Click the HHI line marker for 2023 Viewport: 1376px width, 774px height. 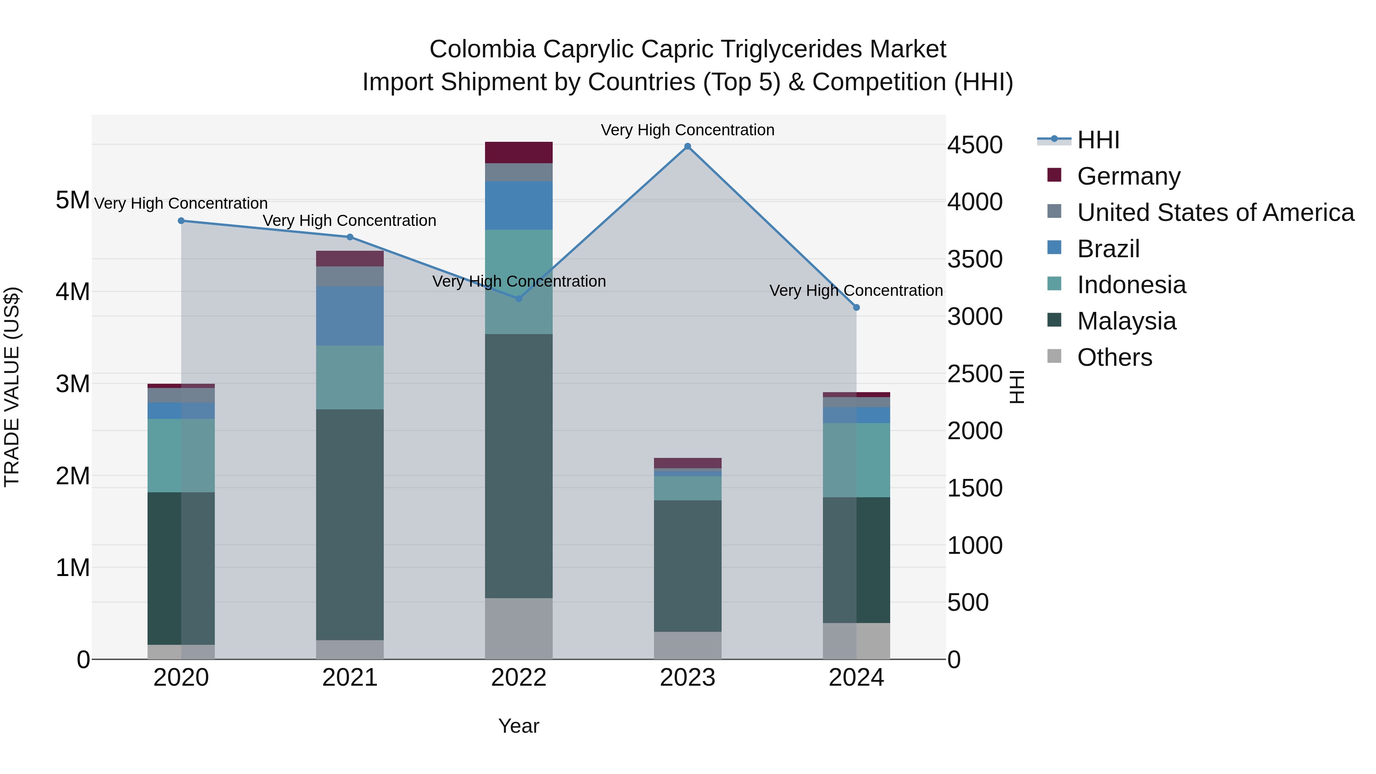(688, 146)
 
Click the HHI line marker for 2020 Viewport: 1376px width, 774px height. (181, 221)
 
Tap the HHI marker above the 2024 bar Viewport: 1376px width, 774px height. (856, 308)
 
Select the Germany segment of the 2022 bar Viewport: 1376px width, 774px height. (519, 152)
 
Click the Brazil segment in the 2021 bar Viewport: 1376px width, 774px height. (350, 316)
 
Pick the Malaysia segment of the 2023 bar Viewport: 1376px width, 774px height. (688, 566)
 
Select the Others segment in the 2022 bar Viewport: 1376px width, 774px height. (519, 629)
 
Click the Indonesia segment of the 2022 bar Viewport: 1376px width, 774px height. (519, 282)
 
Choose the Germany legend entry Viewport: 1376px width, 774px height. (1128, 176)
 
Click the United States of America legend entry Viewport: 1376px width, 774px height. (1215, 212)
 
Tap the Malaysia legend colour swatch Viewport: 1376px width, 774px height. (1055, 321)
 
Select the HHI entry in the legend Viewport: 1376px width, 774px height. (1098, 140)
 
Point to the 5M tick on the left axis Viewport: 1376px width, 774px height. (73, 200)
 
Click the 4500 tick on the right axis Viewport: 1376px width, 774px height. (975, 145)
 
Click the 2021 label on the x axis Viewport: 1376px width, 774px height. (350, 678)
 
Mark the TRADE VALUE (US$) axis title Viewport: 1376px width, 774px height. (12, 387)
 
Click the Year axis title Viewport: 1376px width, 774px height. (519, 726)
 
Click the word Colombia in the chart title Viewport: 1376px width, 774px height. (482, 49)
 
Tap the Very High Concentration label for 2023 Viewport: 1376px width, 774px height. (688, 130)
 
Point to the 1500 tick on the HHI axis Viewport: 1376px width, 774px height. (975, 488)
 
